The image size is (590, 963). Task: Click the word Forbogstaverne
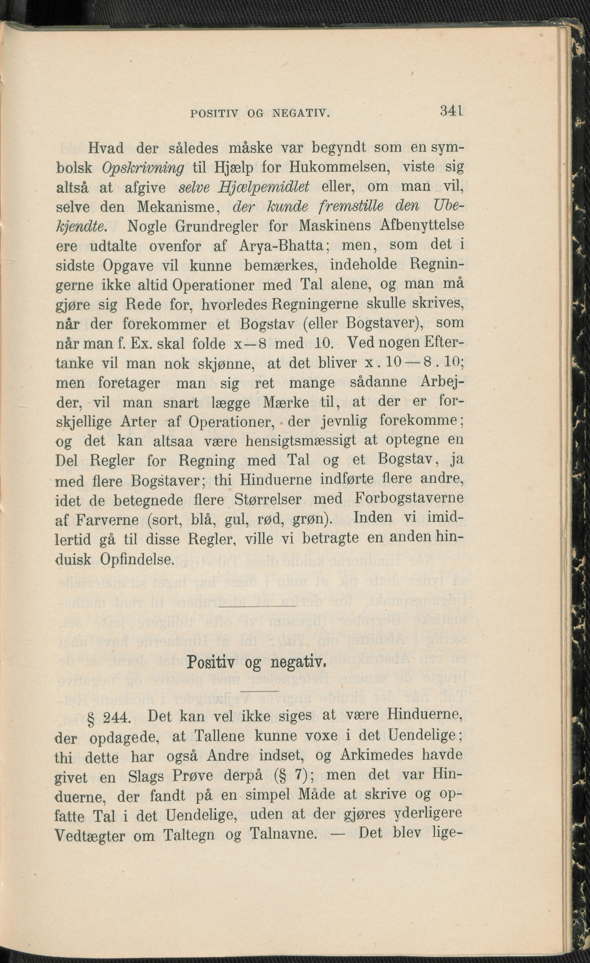[x=409, y=498]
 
